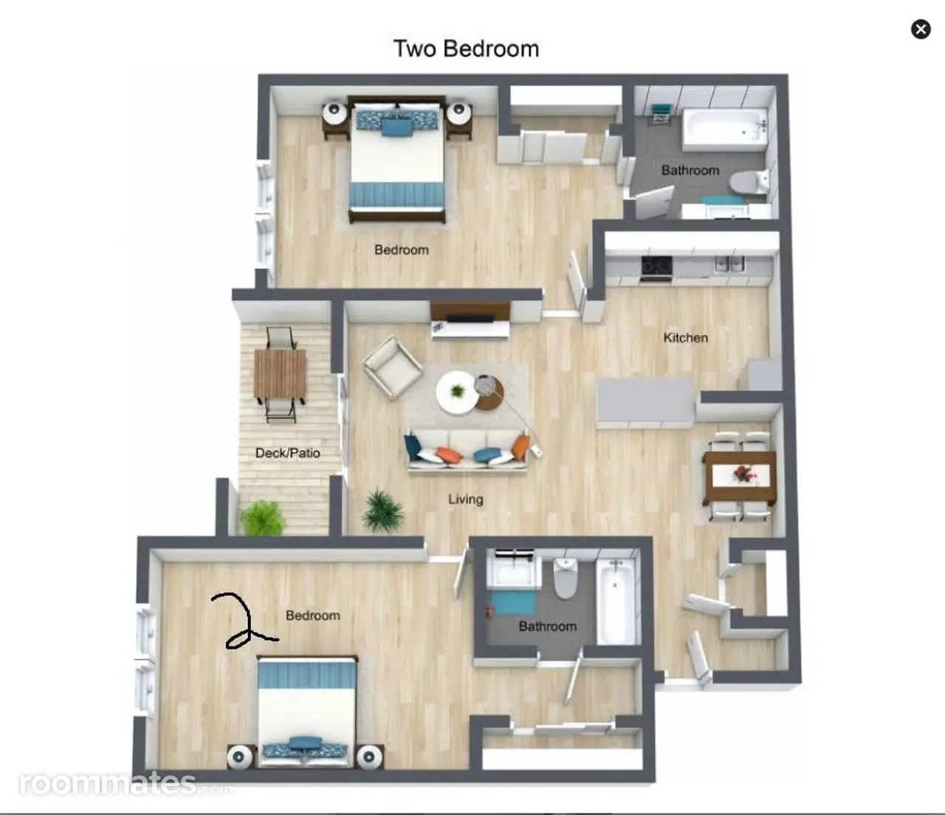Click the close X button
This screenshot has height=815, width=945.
921,30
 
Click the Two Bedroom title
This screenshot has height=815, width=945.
467,49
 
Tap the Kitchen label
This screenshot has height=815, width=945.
685,338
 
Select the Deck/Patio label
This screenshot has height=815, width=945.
287,453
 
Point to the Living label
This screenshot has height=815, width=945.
465,499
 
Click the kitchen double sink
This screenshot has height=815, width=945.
729,264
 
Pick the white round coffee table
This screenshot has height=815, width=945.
456,392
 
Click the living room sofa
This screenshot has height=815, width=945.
467,451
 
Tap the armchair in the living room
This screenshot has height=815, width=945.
392,368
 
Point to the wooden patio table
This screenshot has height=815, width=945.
280,374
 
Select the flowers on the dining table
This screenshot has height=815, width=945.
741,473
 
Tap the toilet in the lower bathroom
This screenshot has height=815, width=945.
566,578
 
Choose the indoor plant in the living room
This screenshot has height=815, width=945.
382,511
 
